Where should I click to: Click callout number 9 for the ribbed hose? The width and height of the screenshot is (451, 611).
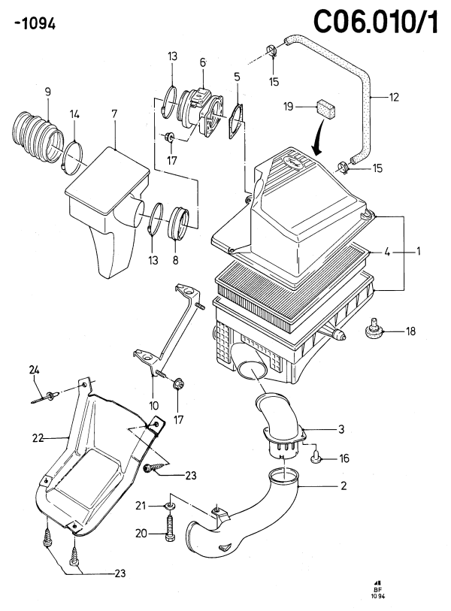[x=47, y=92]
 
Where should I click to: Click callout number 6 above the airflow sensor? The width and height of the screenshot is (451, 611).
[x=202, y=62]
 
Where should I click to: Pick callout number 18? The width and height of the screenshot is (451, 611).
[x=410, y=331]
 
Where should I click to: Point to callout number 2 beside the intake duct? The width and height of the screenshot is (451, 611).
[x=343, y=486]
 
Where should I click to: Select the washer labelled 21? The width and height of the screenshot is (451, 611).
[x=171, y=505]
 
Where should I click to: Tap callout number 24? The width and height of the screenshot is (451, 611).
[x=34, y=369]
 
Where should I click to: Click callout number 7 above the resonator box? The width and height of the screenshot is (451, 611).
[x=114, y=113]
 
